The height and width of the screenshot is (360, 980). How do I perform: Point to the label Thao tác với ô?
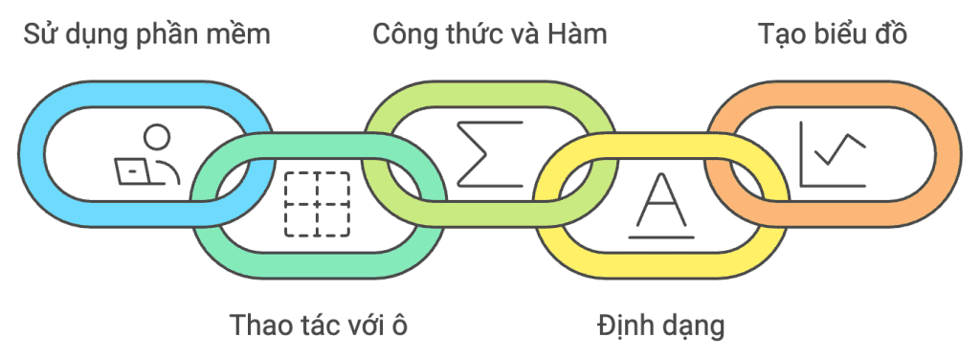tap(319, 325)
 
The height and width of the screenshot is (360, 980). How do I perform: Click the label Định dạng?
tap(660, 325)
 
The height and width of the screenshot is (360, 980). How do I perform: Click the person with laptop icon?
tap(147, 155)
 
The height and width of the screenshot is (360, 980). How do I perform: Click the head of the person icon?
tap(159, 136)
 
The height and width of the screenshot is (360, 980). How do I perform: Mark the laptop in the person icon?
tap(133, 170)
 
